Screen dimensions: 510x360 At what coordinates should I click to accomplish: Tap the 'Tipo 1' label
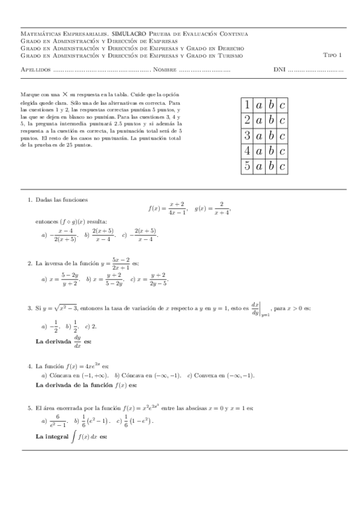click(x=332, y=55)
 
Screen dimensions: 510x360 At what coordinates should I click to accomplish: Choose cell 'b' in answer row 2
click(x=271, y=120)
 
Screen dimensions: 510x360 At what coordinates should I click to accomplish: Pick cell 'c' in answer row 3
click(x=283, y=136)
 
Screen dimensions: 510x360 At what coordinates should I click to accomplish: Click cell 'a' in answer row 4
click(x=258, y=151)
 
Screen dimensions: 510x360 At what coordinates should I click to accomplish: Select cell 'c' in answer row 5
click(x=283, y=167)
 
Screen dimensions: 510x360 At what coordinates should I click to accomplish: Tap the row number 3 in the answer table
click(x=246, y=136)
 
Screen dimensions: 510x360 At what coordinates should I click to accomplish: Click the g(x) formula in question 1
click(x=213, y=208)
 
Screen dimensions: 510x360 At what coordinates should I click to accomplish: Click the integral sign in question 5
click(x=73, y=437)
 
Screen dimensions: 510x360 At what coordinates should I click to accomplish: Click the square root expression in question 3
click(x=65, y=309)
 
